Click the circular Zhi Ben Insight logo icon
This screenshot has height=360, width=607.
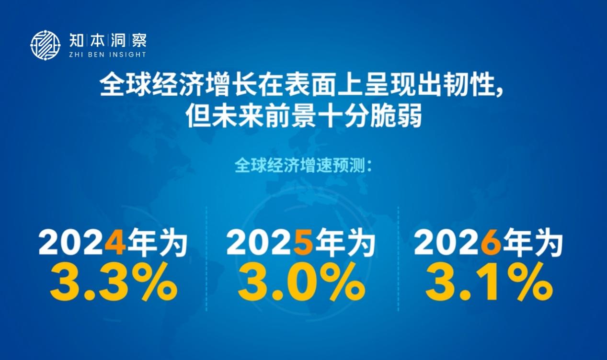[45, 45]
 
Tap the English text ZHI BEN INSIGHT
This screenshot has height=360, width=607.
[108, 55]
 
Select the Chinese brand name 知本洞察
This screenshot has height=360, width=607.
[108, 40]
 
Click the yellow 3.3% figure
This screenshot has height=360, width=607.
[114, 281]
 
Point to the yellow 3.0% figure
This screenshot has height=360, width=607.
[301, 281]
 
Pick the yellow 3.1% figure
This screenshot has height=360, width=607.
[489, 281]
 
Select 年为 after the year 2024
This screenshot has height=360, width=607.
[158, 242]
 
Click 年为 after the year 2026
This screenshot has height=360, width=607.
[533, 242]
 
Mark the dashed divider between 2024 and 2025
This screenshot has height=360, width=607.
[206, 259]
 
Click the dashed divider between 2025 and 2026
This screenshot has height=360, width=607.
[398, 259]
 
